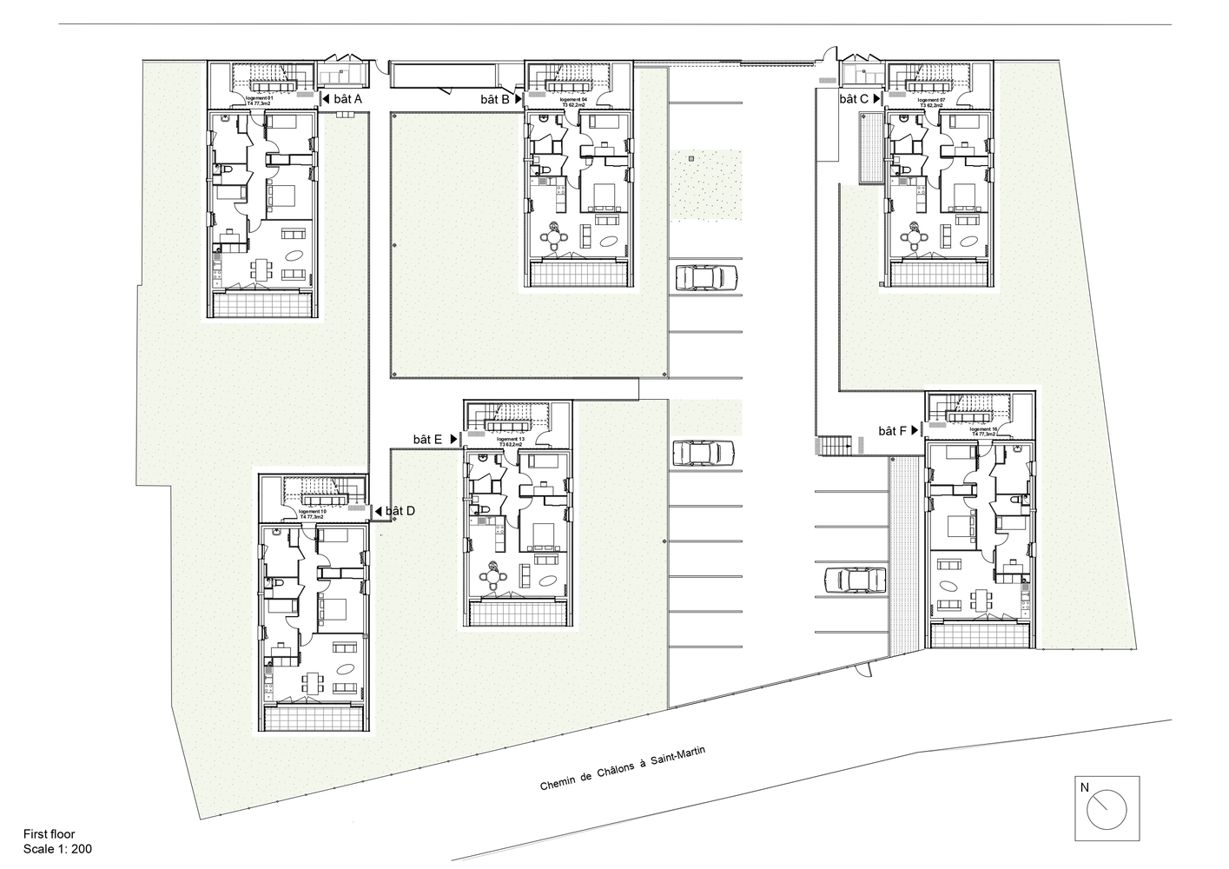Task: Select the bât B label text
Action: point(495,100)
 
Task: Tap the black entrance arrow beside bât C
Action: point(876,100)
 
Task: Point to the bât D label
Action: point(400,511)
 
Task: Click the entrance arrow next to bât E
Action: point(453,441)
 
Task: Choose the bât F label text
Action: point(892,431)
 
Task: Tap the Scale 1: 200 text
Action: point(57,849)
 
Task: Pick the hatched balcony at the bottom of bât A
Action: point(262,305)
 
